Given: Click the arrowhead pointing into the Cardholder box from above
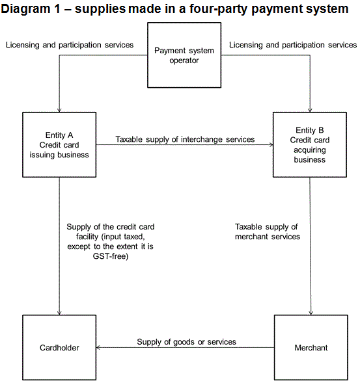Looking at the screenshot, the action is pyautogui.click(x=59, y=313).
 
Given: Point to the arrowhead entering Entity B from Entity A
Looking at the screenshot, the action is pyautogui.click(x=271, y=144).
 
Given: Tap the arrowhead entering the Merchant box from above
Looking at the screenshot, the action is pyautogui.click(x=311, y=313).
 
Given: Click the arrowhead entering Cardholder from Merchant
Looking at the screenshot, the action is pyautogui.click(x=98, y=347).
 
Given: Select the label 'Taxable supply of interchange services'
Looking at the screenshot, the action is pyautogui.click(x=185, y=139).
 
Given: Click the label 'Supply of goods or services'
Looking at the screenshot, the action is pyautogui.click(x=186, y=342).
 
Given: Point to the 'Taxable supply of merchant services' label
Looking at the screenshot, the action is pyautogui.click(x=268, y=231).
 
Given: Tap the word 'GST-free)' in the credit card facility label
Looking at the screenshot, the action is pyautogui.click(x=111, y=256).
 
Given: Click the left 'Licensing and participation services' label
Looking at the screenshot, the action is pyautogui.click(x=70, y=45).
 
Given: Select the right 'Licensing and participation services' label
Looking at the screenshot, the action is pyautogui.click(x=293, y=45).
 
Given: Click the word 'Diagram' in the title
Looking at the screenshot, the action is pyautogui.click(x=25, y=9).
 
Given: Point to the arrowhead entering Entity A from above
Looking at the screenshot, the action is pyautogui.click(x=59, y=110).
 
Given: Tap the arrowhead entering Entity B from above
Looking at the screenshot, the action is pyautogui.click(x=310, y=110).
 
